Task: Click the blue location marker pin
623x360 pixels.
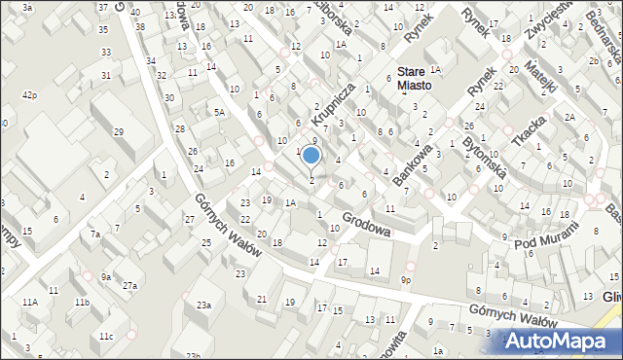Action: tap(311, 157)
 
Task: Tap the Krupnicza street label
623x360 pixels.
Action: tap(331, 102)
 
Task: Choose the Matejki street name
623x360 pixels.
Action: tap(541, 75)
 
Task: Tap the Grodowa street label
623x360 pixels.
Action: tap(367, 225)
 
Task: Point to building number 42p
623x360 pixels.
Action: tap(30, 94)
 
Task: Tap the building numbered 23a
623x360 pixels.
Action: tap(202, 305)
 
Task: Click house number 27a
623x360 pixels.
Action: tap(129, 285)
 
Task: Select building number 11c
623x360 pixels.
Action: tap(105, 336)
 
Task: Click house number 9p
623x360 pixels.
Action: tap(406, 280)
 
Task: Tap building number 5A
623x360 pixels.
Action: tap(220, 112)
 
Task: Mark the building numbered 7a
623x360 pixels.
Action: tap(94, 234)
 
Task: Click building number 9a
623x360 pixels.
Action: tap(105, 276)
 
